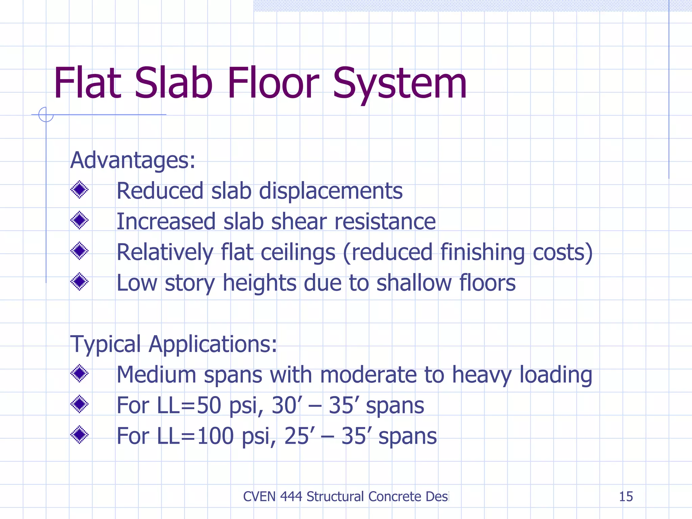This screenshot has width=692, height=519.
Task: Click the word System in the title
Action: pyautogui.click(x=399, y=84)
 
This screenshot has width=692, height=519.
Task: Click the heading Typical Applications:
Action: pyautogui.click(x=173, y=344)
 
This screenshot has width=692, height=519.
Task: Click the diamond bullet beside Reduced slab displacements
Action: pyautogui.click(x=79, y=190)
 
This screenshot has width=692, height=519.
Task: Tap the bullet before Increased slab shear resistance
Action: pyautogui.click(x=79, y=220)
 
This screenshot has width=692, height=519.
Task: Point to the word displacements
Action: pyautogui.click(x=330, y=191)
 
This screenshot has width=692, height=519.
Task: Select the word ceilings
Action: pyautogui.click(x=298, y=253)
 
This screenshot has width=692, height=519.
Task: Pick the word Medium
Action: pyautogui.click(x=156, y=375)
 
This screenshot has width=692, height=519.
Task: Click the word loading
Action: pyautogui.click(x=555, y=375)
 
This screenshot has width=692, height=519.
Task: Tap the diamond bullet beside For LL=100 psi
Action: pyautogui.click(x=79, y=435)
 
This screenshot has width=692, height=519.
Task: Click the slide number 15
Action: pyautogui.click(x=625, y=497)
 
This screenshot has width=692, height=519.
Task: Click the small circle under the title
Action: pyautogui.click(x=46, y=115)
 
